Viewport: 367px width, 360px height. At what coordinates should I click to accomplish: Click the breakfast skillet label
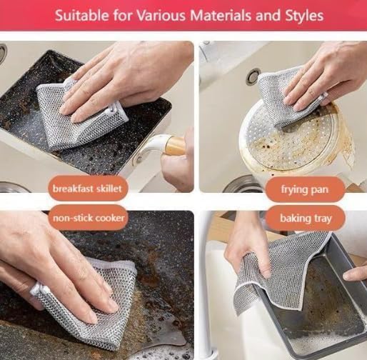[x=88, y=189]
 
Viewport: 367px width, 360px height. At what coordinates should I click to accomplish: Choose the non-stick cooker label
[x=88, y=218]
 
